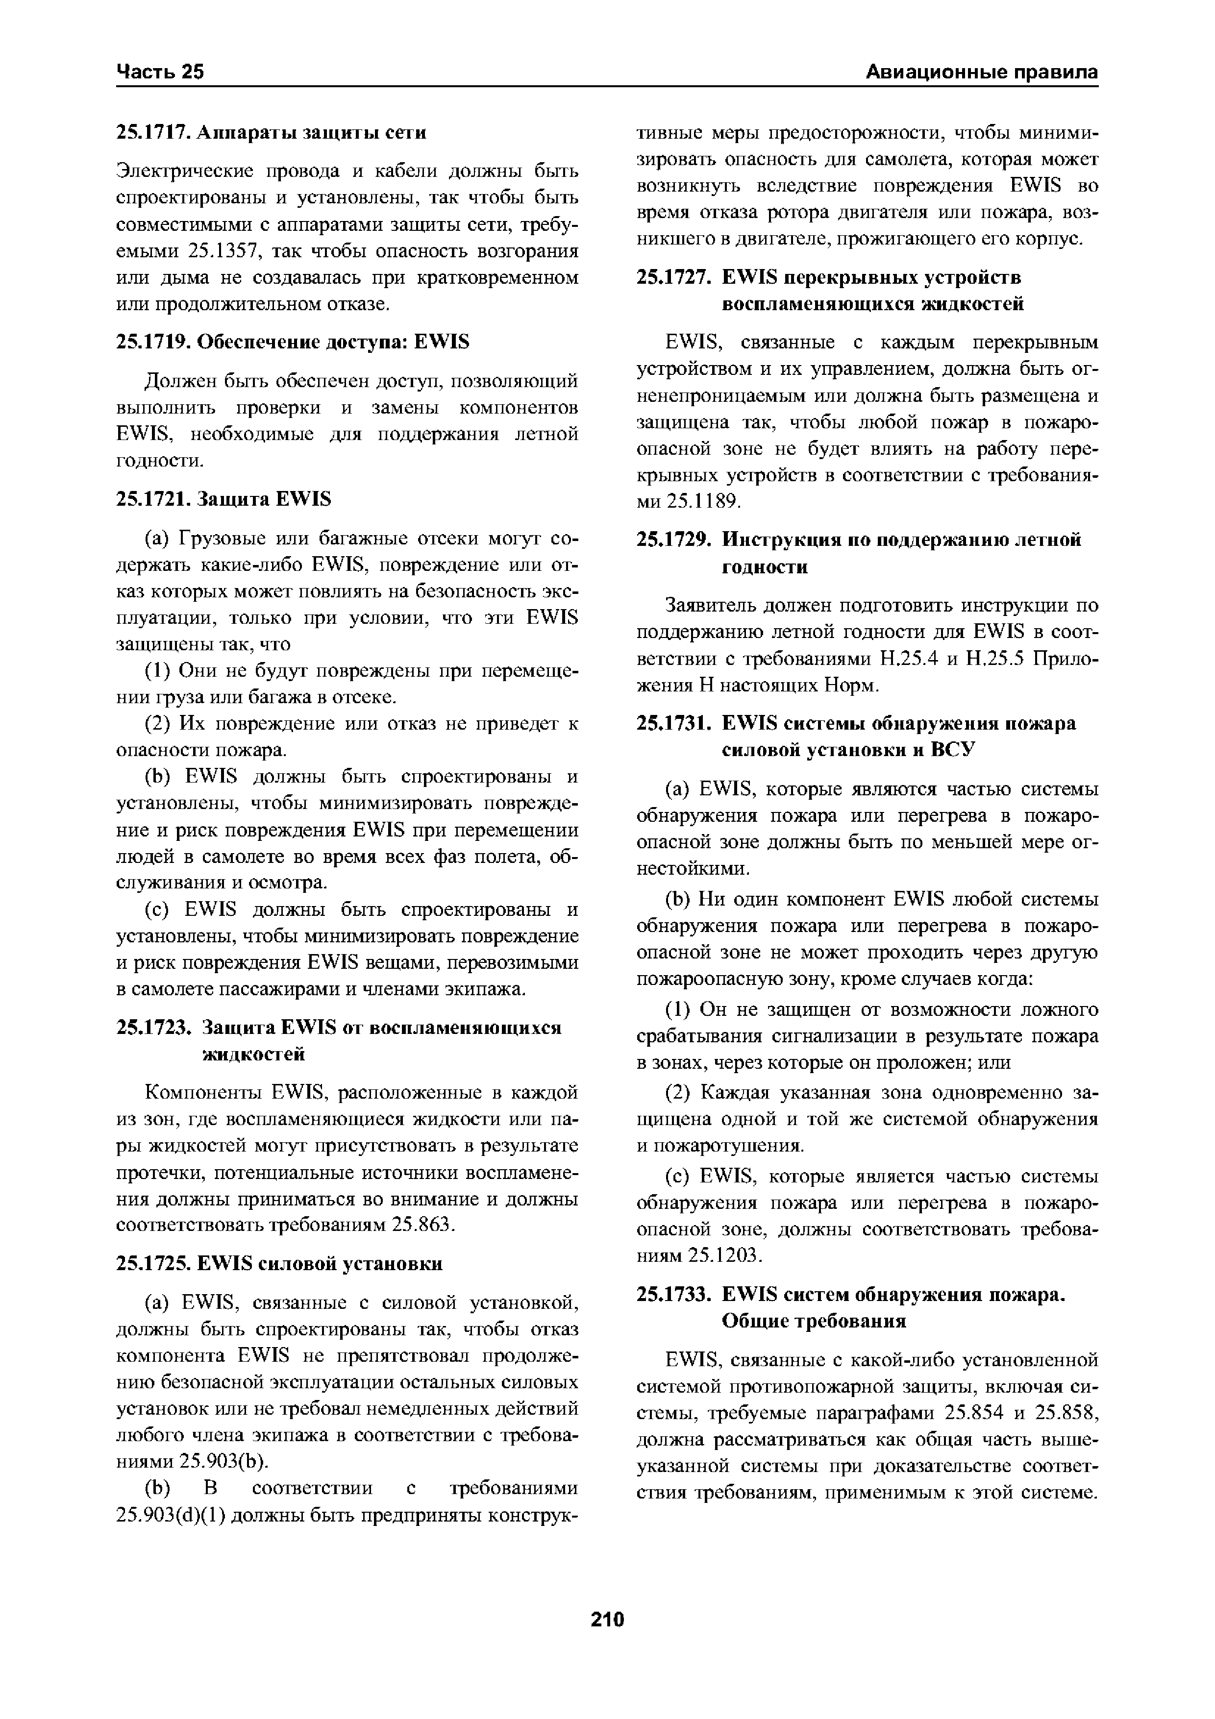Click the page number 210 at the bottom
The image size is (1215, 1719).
[x=607, y=1620]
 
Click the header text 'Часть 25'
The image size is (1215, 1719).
[x=160, y=72]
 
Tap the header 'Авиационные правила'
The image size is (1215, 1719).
[x=981, y=72]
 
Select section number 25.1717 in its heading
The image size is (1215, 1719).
[x=153, y=132]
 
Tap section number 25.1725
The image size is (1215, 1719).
[x=153, y=1264]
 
